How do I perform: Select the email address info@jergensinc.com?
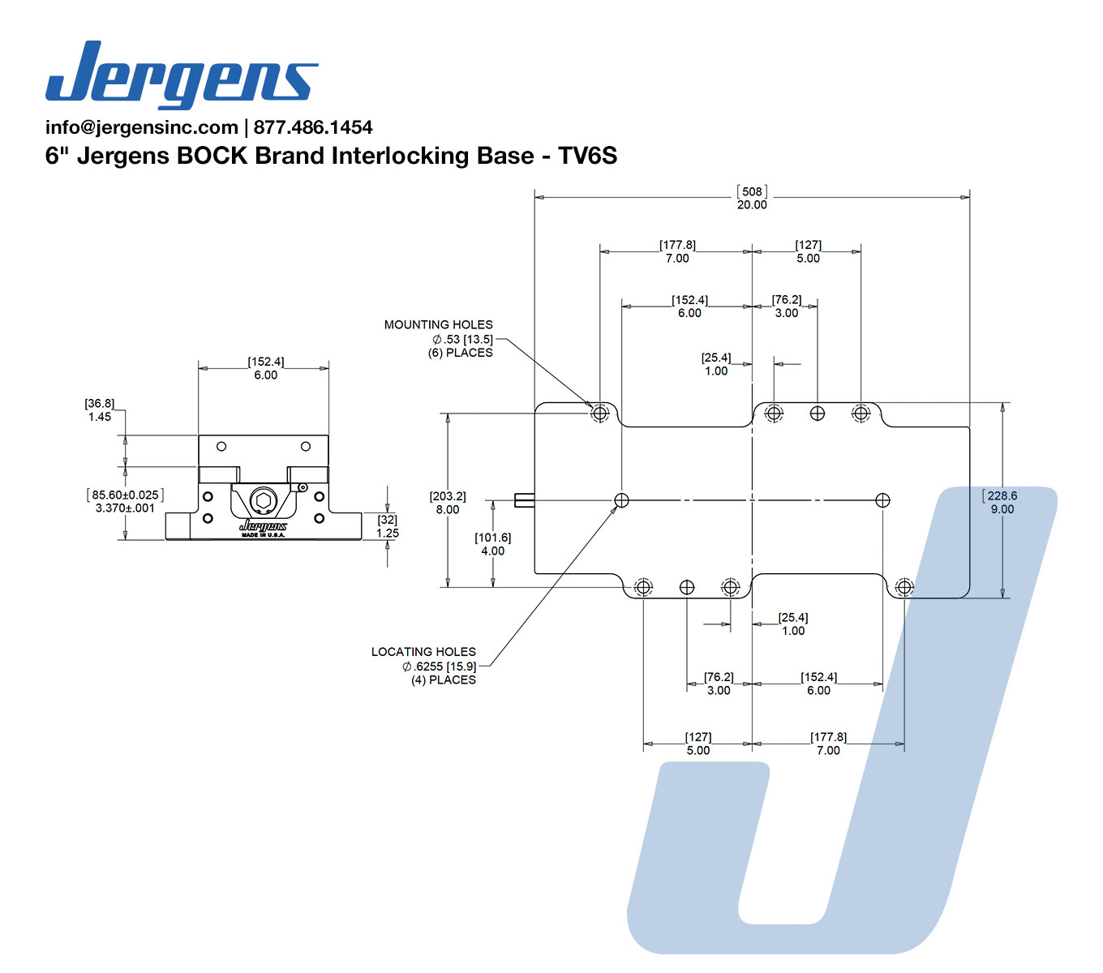[142, 127]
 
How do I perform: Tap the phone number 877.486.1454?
[313, 127]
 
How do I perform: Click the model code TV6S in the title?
[587, 156]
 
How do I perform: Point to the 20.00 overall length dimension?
[752, 204]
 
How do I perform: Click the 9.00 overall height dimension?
[1002, 509]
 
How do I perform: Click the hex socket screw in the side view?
[263, 500]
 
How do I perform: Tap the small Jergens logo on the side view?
[264, 525]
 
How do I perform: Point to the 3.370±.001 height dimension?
[125, 508]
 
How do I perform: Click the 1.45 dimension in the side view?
[100, 417]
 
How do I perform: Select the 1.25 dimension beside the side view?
[388, 533]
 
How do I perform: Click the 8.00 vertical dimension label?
[448, 510]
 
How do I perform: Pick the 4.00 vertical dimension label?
[493, 551]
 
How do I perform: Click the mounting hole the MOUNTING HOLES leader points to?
[600, 414]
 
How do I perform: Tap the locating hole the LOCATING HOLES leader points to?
[621, 499]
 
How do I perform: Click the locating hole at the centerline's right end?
[882, 499]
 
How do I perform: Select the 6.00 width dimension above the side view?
[266, 375]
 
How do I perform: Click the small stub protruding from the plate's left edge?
[525, 499]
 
